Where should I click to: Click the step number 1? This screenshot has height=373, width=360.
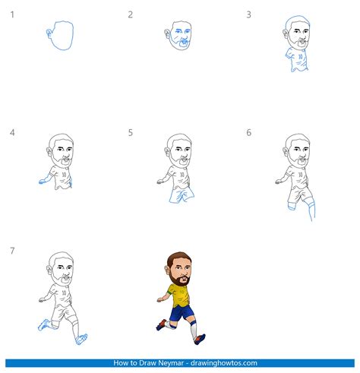12,14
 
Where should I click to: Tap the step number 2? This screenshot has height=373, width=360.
130,14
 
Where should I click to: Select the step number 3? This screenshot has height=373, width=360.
248,14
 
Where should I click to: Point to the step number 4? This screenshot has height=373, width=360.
12,132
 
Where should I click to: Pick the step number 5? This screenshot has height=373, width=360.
130,132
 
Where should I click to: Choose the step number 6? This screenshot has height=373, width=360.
248,132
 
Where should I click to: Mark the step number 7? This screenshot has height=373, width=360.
12,251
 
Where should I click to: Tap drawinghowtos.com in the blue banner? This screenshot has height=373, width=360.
224,363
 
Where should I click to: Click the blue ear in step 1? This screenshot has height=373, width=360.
49,33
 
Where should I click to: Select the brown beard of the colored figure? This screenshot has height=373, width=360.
178,280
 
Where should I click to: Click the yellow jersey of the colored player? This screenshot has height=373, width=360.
180,296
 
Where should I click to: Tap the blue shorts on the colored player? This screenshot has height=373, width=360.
181,314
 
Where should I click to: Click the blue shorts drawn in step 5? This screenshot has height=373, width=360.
182,195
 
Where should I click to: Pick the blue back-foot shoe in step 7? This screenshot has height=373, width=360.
43,324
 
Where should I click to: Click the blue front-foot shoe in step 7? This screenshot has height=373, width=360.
81,340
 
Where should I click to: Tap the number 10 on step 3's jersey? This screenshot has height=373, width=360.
300,57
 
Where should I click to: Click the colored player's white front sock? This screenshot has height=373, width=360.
194,330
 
